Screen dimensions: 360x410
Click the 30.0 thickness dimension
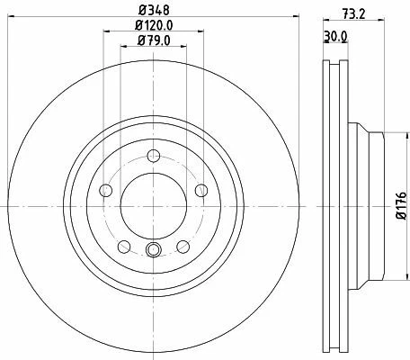[335, 36]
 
